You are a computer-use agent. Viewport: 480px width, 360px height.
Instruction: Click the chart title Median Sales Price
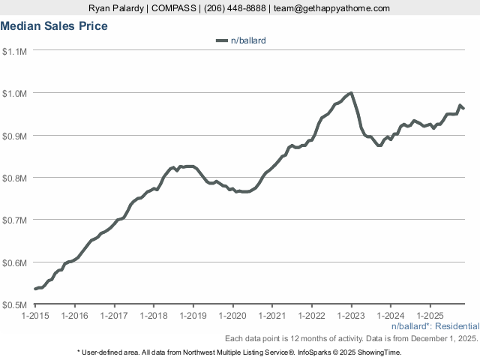[54, 26]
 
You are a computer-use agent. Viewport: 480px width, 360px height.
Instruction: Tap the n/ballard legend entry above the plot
[247, 40]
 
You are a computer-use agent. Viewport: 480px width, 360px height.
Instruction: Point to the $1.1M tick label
[15, 51]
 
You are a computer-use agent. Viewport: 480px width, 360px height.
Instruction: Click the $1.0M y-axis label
[15, 94]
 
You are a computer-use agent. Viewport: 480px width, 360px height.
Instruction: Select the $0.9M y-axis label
[15, 136]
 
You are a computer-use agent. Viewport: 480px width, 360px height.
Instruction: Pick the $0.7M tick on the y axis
[15, 220]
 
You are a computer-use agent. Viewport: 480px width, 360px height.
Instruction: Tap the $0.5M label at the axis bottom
[15, 305]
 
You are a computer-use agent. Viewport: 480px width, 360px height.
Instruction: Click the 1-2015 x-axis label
[35, 316]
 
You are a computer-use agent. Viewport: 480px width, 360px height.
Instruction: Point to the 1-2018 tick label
[154, 316]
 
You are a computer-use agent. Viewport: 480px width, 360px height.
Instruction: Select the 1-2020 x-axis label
[232, 316]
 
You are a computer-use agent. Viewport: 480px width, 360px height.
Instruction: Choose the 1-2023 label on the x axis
[351, 316]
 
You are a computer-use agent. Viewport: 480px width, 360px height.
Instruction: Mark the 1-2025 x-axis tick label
[430, 316]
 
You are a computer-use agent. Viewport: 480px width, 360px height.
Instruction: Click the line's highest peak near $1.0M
[351, 93]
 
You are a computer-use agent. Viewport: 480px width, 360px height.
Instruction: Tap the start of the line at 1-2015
[36, 289]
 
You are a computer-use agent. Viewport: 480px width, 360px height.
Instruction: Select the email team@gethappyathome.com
[332, 8]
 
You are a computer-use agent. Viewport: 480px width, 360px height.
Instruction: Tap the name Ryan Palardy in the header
[115, 8]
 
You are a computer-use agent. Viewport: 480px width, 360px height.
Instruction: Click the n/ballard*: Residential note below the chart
[435, 327]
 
